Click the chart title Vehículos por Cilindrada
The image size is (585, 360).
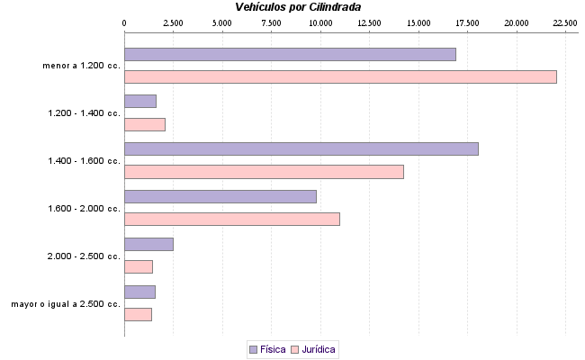click(298, 6)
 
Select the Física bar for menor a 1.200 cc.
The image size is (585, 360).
click(290, 54)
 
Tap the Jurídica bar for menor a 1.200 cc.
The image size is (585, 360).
click(340, 76)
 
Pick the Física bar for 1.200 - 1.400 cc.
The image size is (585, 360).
click(139, 102)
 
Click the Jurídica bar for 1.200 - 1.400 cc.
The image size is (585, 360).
click(144, 124)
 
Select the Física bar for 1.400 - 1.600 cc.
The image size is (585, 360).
click(301, 149)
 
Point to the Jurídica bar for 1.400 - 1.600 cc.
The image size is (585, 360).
click(264, 172)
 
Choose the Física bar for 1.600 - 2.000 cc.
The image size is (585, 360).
click(220, 196)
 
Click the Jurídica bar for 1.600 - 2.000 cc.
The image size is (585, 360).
click(231, 219)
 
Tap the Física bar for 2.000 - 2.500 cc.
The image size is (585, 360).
click(148, 244)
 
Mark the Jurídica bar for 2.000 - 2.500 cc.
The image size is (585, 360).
click(138, 266)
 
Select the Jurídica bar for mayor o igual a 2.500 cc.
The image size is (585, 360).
click(138, 314)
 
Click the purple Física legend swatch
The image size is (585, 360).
click(253, 349)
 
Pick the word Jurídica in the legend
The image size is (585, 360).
click(320, 349)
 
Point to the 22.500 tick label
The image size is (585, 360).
click(565, 22)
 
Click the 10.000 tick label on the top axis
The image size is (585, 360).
click(320, 22)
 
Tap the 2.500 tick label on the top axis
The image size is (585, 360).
click(173, 22)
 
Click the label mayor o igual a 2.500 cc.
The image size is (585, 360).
click(66, 304)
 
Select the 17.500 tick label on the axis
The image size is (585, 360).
click(467, 22)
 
